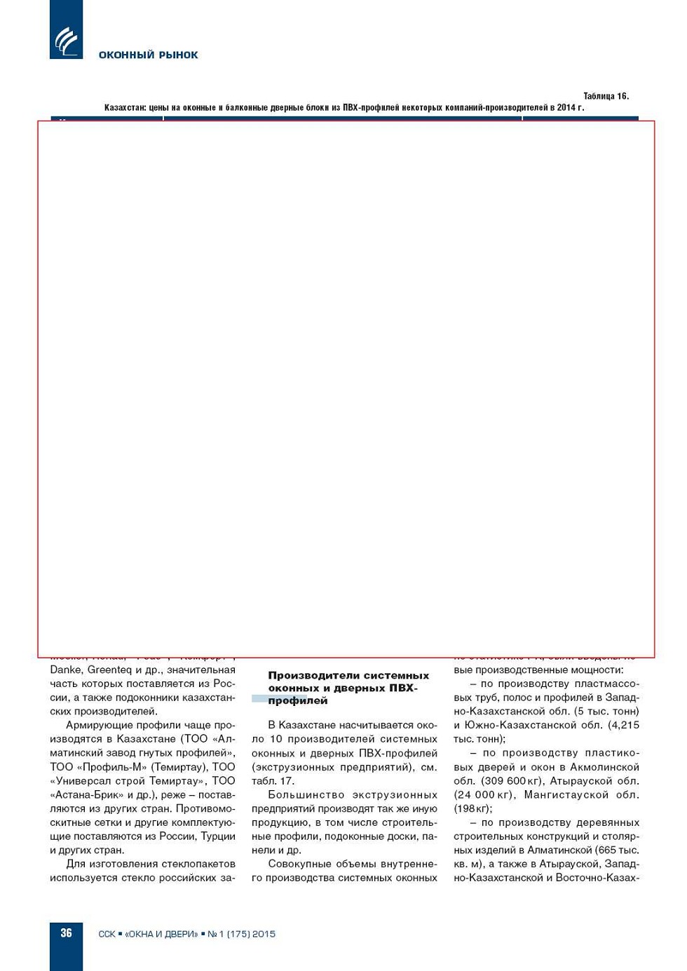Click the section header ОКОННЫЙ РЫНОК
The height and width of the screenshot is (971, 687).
tap(148, 55)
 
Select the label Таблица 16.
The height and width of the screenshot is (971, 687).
tap(606, 96)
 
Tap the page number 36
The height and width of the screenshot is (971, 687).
tap(66, 932)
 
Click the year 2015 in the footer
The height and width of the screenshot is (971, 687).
tap(264, 934)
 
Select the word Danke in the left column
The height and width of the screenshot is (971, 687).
tap(66, 670)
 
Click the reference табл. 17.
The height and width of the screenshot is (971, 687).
tap(273, 781)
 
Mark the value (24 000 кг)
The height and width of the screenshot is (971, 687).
tap(484, 795)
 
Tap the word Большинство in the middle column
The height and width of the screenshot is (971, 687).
tap(306, 795)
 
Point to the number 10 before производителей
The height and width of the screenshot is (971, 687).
tap(276, 739)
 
